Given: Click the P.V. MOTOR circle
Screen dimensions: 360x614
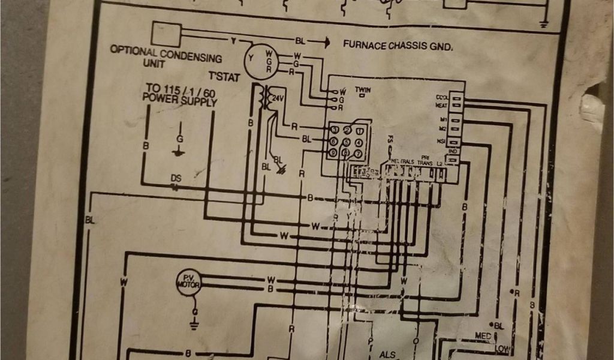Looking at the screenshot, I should (188, 281).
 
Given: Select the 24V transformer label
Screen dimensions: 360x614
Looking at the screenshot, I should (278, 98).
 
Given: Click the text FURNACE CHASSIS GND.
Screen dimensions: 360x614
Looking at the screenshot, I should (398, 45).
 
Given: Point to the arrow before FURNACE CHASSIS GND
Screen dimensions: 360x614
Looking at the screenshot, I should (324, 43).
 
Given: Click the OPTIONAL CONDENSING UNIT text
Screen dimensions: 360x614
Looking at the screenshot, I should (165, 57).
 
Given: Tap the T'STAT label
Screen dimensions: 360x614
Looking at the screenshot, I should (224, 77).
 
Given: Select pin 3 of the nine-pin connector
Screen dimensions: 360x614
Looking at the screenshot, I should (335, 130).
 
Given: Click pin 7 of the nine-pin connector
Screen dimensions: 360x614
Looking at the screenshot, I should (359, 154).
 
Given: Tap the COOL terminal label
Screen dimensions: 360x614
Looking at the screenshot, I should (443, 97).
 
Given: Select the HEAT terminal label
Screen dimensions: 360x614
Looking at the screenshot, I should (443, 106).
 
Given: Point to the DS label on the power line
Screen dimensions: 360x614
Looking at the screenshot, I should (176, 178).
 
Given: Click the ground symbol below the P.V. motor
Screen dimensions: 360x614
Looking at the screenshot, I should (194, 325).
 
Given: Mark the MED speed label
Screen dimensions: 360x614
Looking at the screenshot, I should (482, 335).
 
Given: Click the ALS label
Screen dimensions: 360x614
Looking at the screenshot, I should (387, 354).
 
